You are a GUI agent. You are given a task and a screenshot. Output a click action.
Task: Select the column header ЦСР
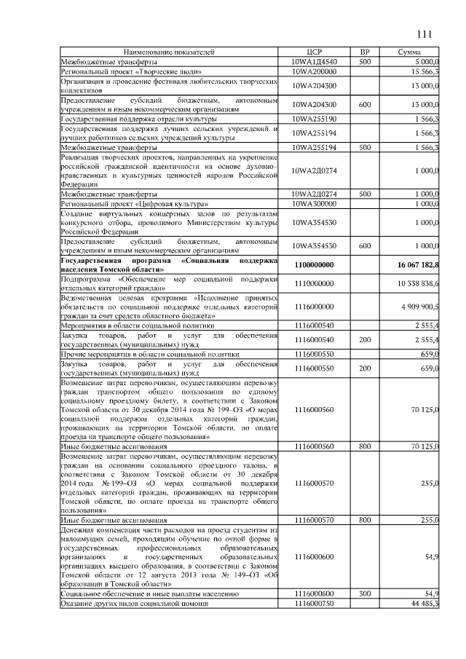[314, 53]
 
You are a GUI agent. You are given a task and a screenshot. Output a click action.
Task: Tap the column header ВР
[366, 53]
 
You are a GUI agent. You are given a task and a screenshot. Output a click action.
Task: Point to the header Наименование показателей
[169, 53]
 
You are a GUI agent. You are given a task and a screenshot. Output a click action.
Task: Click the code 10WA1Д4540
[314, 63]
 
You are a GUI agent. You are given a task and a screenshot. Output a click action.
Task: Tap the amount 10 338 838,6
[419, 283]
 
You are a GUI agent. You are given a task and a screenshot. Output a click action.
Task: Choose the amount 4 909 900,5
[421, 307]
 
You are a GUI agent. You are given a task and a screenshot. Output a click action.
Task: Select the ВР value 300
[366, 594]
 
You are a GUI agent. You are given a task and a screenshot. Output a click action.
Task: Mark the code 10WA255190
[314, 118]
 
